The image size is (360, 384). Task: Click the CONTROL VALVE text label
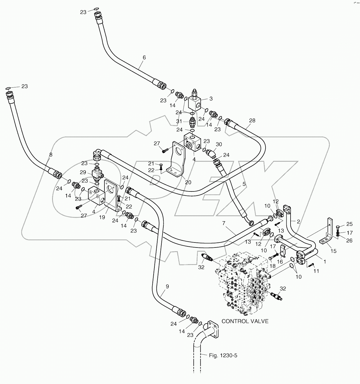tap(245, 321)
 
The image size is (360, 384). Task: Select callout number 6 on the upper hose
tap(144, 58)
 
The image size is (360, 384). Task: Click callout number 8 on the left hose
tap(51, 155)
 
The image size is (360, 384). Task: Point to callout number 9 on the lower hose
tap(167, 286)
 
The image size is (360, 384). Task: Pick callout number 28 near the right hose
tap(252, 120)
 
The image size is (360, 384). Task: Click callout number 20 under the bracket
tap(188, 182)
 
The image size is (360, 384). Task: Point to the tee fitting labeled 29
tap(96, 175)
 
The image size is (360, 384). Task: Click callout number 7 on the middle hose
tap(224, 223)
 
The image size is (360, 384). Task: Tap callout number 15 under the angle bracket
tap(333, 251)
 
